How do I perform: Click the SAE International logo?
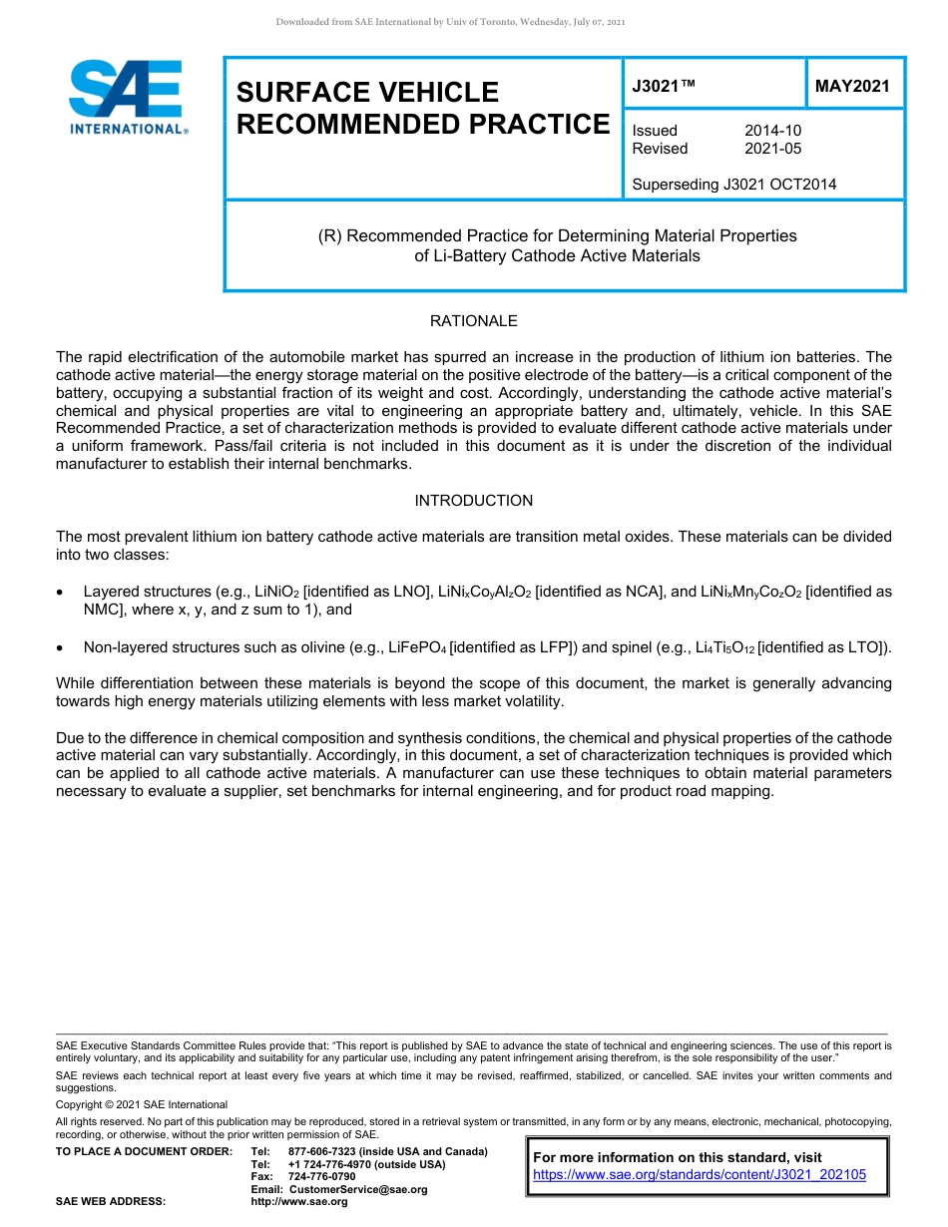[127, 97]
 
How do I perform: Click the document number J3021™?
[663, 86]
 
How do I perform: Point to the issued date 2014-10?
[772, 131]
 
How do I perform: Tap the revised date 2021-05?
[772, 149]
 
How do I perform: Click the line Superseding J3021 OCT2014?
[733, 184]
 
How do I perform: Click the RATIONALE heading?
[473, 321]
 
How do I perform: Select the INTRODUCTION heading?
[473, 501]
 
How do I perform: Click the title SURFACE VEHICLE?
[367, 92]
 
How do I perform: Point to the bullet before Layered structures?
[61, 593]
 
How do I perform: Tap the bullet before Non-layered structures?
[61, 648]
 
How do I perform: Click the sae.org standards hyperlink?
[700, 1175]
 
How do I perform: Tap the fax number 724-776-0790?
[321, 1177]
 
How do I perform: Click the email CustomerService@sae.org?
[357, 1189]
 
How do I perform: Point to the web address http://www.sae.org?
[299, 1202]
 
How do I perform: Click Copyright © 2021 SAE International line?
[142, 1104]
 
